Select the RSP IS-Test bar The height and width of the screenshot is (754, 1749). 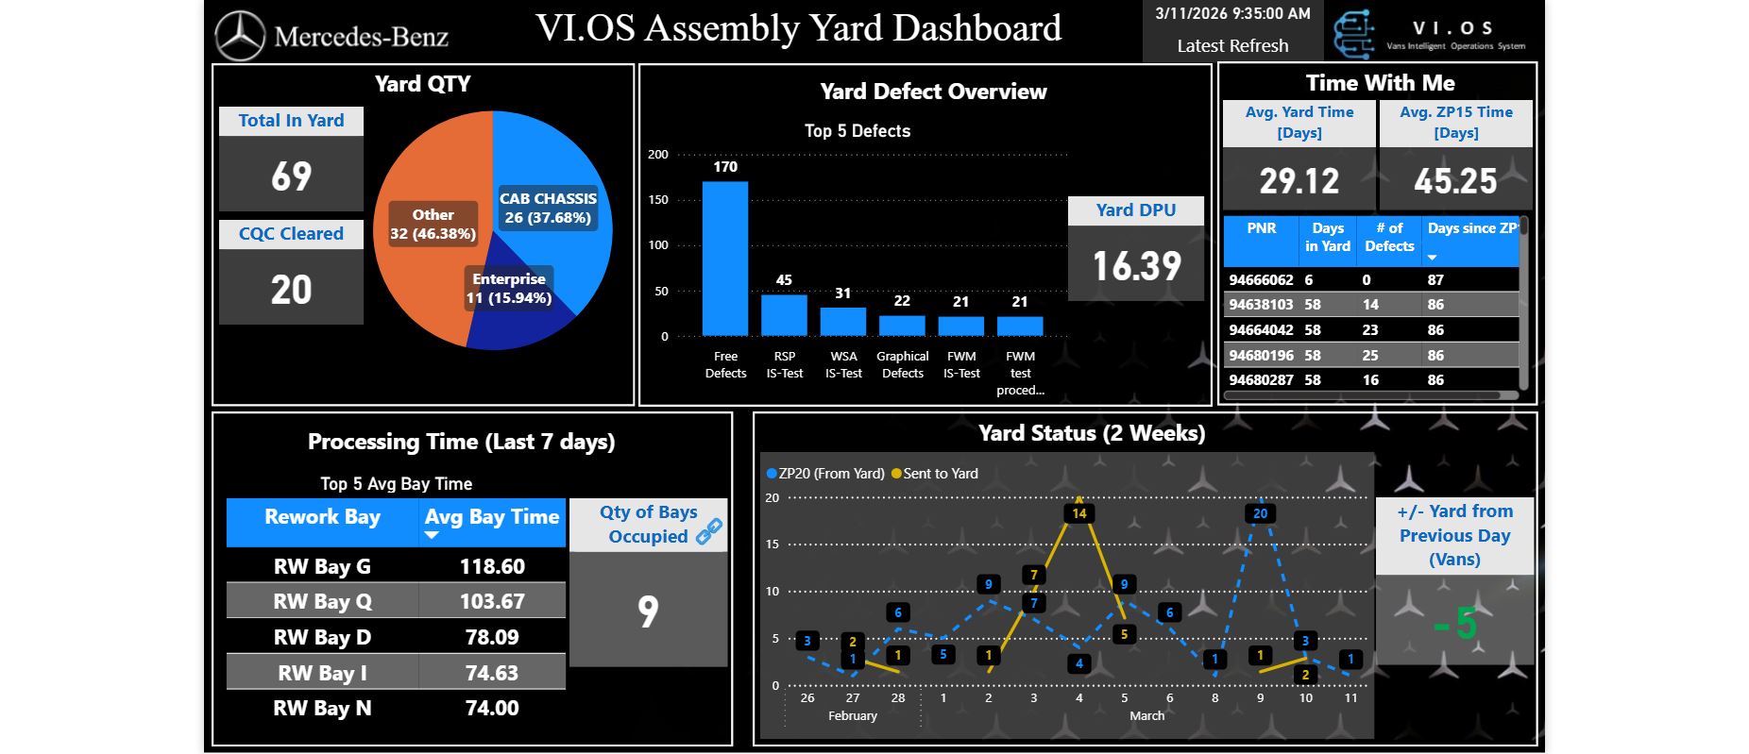pyautogui.click(x=784, y=315)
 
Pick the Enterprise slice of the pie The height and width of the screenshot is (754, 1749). pyautogui.click(x=510, y=311)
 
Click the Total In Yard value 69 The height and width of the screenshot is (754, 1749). pyautogui.click(x=291, y=176)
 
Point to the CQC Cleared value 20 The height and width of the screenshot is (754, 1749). pyautogui.click(x=291, y=289)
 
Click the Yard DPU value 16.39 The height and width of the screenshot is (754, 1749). pyautogui.click(x=1136, y=266)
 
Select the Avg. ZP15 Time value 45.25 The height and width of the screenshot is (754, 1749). pyautogui.click(x=1455, y=180)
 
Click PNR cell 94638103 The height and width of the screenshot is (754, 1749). pyautogui.click(x=1261, y=305)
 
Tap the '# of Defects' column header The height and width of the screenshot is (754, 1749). pyautogui.click(x=1389, y=237)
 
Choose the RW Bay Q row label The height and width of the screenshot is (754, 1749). pyautogui.click(x=322, y=601)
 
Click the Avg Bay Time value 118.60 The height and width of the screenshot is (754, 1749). pyautogui.click(x=492, y=566)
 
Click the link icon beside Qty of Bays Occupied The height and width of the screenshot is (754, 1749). pyautogui.click(x=709, y=532)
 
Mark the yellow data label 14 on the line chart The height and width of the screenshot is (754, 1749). pyautogui.click(x=1079, y=513)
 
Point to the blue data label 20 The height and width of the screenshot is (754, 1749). pyautogui.click(x=1260, y=513)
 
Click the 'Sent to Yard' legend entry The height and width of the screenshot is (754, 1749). pyautogui.click(x=939, y=474)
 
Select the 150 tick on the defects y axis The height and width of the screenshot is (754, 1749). pyautogui.click(x=657, y=200)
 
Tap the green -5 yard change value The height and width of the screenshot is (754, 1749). pyautogui.click(x=1454, y=623)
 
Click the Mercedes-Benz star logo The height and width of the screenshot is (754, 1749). pyautogui.click(x=240, y=36)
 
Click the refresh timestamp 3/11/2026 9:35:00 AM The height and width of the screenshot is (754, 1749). pyautogui.click(x=1232, y=13)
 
